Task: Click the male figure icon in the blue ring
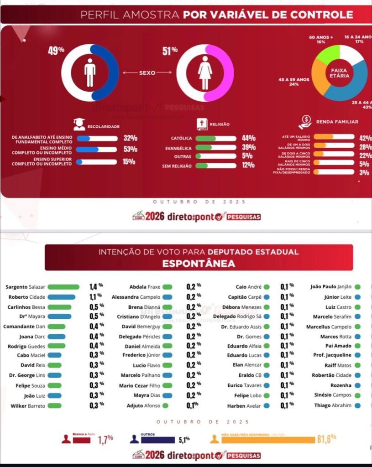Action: (90, 73)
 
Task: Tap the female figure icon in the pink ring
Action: (205, 73)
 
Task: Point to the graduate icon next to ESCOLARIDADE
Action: (79, 124)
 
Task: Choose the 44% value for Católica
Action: (249, 138)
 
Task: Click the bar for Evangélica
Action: (216, 148)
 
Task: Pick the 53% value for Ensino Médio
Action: (130, 149)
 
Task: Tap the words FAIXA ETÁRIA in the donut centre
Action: (340, 73)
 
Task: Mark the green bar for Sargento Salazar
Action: (63, 287)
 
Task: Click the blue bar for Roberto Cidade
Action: (61, 297)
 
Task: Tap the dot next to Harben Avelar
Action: (266, 405)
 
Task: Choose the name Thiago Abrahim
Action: (333, 405)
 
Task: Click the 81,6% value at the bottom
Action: (326, 439)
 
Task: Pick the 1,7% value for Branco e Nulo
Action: (105, 440)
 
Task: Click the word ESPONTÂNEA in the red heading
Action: (199, 264)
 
